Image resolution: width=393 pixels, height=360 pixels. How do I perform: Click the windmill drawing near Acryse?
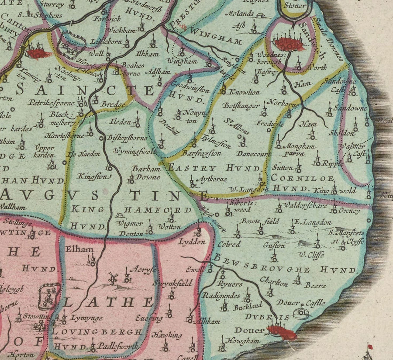[x=113, y=278]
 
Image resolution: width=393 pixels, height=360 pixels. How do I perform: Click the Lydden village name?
[x=192, y=242]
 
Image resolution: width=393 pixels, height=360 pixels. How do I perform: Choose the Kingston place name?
[x=92, y=176]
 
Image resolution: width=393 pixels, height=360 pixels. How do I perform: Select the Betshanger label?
[x=238, y=106]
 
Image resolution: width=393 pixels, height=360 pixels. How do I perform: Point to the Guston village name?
[x=274, y=246]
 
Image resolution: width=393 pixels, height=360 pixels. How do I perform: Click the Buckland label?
[x=247, y=307]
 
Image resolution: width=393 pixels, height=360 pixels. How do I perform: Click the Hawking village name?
[x=167, y=335]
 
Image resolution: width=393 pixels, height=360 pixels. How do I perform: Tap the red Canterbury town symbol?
[x=38, y=54]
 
